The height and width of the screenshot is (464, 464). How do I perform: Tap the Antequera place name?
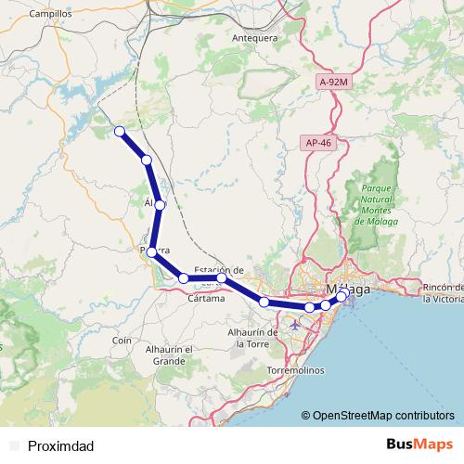(x=254, y=38)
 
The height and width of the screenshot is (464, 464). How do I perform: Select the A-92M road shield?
(x=331, y=83)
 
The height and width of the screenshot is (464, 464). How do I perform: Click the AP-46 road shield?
(x=317, y=143)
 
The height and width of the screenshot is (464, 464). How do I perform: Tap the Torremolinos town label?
(x=295, y=369)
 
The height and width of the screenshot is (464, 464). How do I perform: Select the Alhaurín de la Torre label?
(x=253, y=337)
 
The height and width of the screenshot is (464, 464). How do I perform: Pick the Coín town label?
(x=122, y=341)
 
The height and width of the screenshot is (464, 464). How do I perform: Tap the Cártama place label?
(x=205, y=298)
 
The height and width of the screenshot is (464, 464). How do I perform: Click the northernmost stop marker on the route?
(x=120, y=132)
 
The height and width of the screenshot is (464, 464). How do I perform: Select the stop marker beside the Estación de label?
(x=222, y=278)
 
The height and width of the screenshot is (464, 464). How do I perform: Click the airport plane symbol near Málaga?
(x=295, y=325)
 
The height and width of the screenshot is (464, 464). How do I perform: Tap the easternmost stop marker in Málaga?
(x=345, y=293)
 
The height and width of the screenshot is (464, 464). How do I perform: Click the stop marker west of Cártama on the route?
(x=185, y=278)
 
